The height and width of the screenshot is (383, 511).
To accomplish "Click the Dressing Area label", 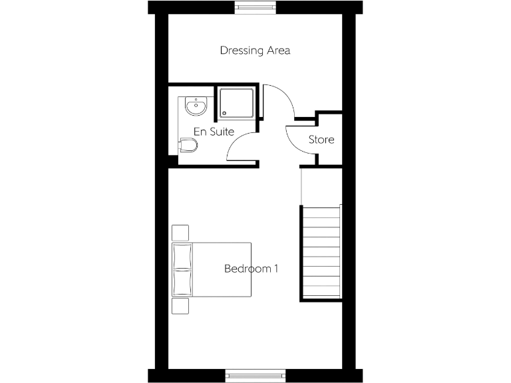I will pos(255,51).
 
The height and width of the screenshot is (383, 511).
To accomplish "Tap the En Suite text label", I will pos(213,132).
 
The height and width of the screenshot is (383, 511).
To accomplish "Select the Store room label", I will pos(321,140).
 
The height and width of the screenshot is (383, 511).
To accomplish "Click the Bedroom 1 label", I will pos(250,269).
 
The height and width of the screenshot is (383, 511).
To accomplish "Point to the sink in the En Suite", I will pos(195,106).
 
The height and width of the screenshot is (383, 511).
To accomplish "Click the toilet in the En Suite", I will pos(188,146).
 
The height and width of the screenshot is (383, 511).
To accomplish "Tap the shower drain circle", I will pos(224,112).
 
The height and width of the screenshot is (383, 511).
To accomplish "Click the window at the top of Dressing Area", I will pos(255,7).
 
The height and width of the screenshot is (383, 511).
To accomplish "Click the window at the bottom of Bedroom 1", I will pos(255,376).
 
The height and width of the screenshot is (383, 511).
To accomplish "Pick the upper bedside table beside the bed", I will pos(180,233).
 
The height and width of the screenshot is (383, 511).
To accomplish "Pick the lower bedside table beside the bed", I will pos(180,305).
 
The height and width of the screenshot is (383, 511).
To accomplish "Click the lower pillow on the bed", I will pos(181,282).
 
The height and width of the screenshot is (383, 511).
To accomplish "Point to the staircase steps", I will pos(322,253).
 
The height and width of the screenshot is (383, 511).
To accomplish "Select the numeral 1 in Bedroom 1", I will pos(275,269).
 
